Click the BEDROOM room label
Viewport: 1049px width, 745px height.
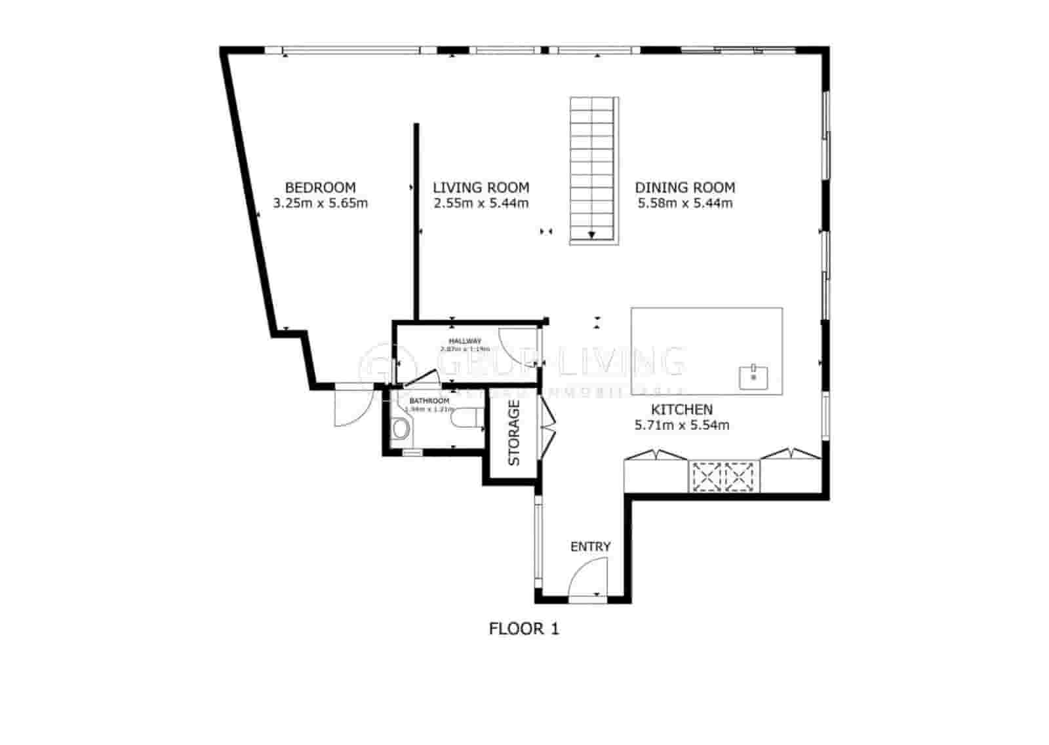pyautogui.click(x=320, y=187)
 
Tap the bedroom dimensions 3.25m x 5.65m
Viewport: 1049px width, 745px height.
pyautogui.click(x=320, y=203)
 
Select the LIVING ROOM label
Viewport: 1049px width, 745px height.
pyautogui.click(x=481, y=187)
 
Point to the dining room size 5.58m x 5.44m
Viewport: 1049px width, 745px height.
pyautogui.click(x=685, y=203)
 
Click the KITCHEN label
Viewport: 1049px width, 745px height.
pyautogui.click(x=681, y=410)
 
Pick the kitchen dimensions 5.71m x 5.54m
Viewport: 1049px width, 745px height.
pyautogui.click(x=681, y=425)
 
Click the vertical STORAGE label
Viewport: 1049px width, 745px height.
pyautogui.click(x=514, y=432)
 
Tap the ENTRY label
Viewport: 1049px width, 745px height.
pyautogui.click(x=590, y=546)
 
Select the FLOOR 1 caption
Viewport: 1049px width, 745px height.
pyautogui.click(x=524, y=629)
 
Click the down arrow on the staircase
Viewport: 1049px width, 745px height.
pyautogui.click(x=592, y=235)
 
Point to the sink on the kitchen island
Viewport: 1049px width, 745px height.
pyautogui.click(x=754, y=377)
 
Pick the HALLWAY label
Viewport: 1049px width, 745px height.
pyautogui.click(x=465, y=341)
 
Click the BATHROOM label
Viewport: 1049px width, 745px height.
pyautogui.click(x=429, y=401)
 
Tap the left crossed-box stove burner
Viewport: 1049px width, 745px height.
pyautogui.click(x=705, y=476)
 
